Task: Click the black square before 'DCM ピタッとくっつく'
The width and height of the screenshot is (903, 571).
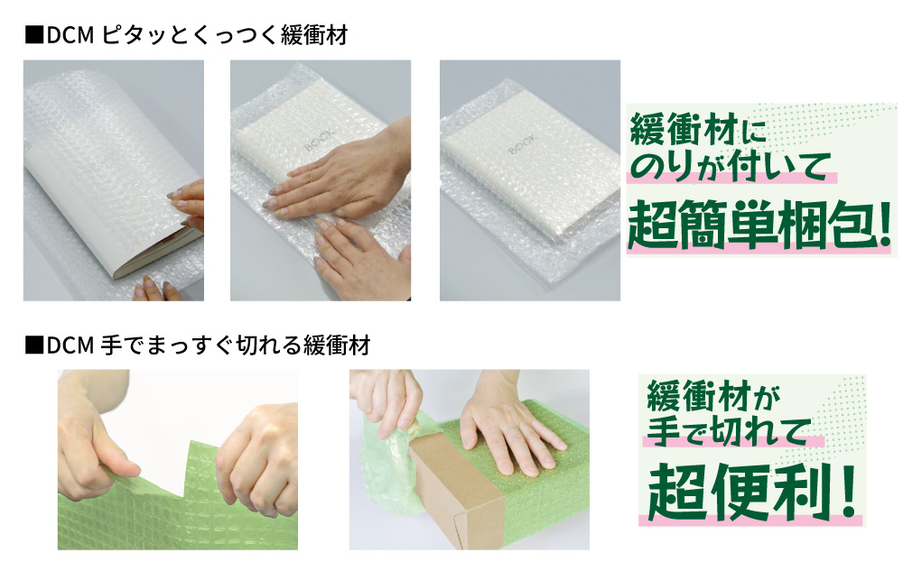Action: (x=34, y=36)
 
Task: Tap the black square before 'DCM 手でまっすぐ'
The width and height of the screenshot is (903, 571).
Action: (x=34, y=345)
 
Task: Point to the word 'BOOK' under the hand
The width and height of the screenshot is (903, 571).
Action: (x=319, y=140)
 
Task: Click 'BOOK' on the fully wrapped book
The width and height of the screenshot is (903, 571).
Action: (x=523, y=144)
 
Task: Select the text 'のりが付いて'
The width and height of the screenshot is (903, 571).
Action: (x=731, y=166)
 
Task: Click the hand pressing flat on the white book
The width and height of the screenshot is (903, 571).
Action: (x=338, y=176)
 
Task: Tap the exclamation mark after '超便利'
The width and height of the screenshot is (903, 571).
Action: (x=847, y=493)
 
